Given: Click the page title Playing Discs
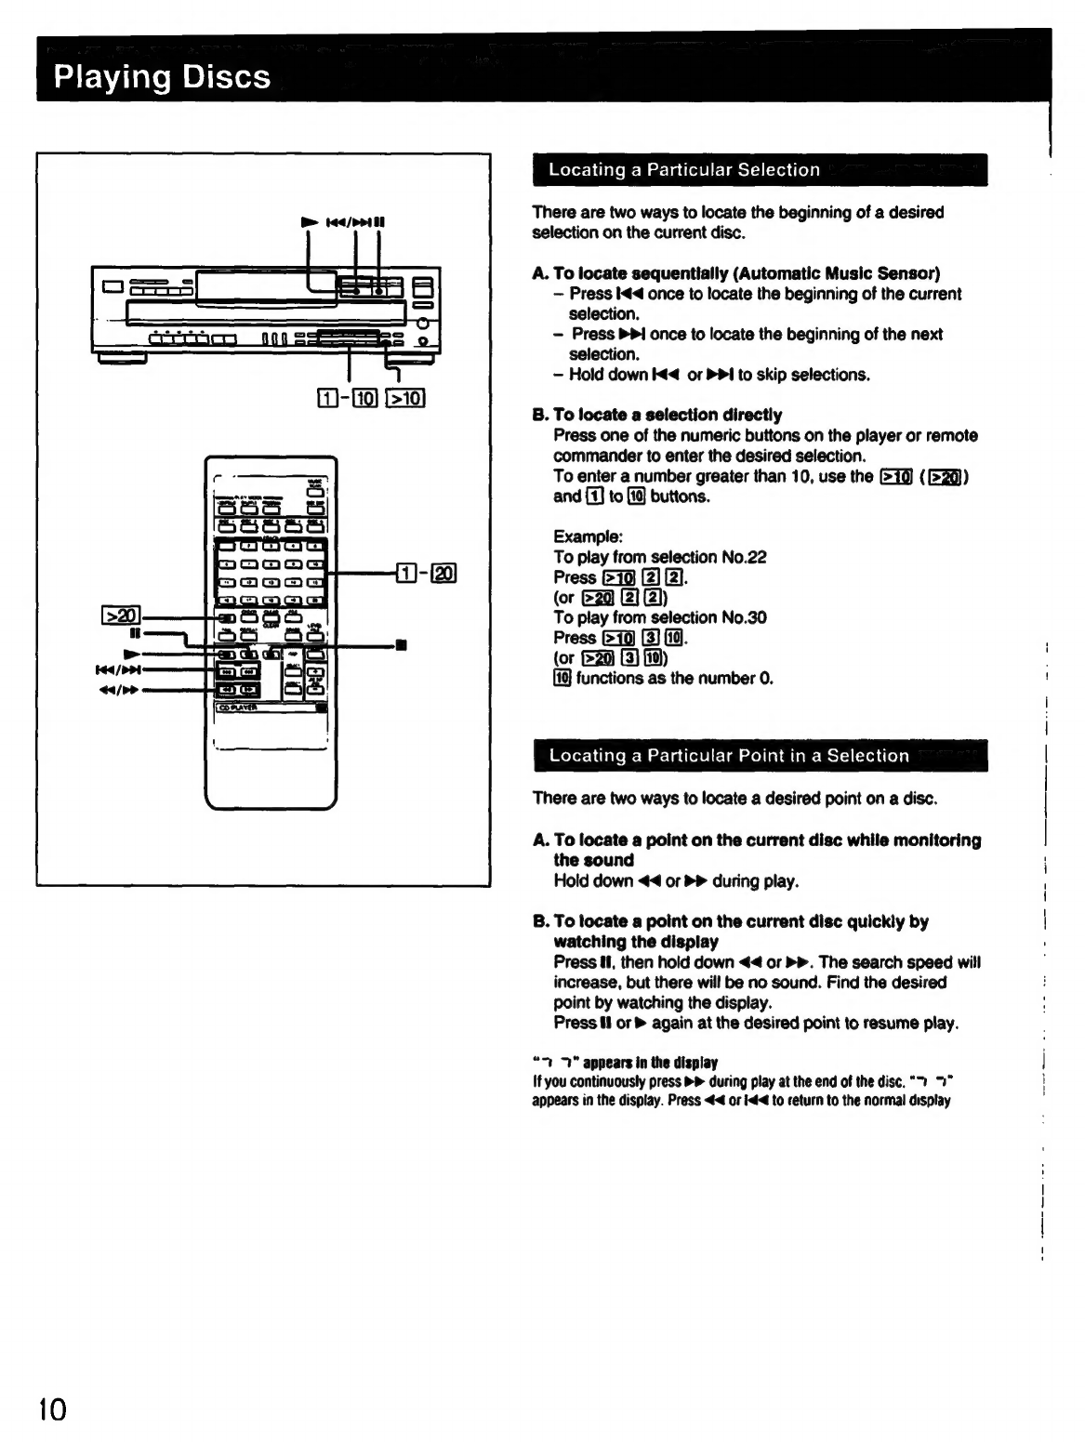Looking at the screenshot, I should point(162,76).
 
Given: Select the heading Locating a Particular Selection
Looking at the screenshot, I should point(683,170).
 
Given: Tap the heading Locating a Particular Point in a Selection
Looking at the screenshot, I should point(728,756).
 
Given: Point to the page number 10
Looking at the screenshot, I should point(52,1409).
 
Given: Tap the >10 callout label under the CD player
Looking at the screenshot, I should point(405,400).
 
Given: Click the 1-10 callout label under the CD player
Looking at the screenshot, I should point(347,400).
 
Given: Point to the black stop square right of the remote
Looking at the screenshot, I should point(401,643).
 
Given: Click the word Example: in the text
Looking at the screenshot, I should point(588,536).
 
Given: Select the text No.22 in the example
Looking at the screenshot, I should point(744,557).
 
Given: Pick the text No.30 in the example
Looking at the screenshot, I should point(744,617).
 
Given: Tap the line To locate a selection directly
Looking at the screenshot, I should point(667,415).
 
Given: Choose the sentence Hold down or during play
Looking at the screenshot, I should point(676,880).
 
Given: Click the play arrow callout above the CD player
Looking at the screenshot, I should point(309,222).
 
